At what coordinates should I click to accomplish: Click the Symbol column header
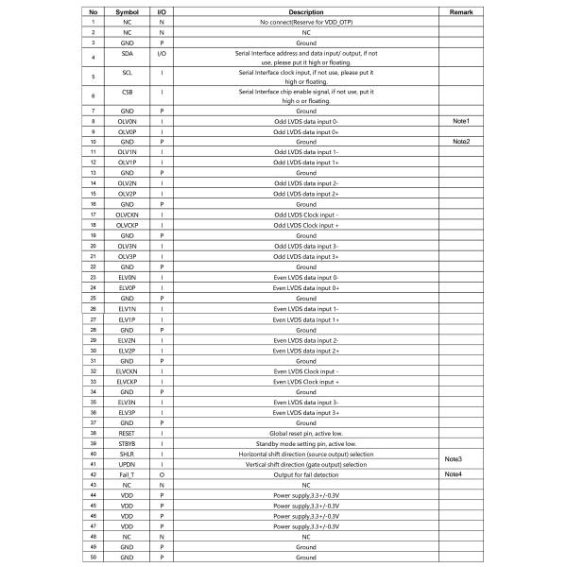(x=127, y=12)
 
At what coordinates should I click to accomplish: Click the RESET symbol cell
(x=127, y=433)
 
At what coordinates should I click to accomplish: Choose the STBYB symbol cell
(x=127, y=443)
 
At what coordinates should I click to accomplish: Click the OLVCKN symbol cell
(x=127, y=215)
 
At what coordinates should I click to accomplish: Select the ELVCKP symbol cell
(x=127, y=381)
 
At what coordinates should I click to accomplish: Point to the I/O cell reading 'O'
(x=162, y=474)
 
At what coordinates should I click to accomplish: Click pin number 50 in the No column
(x=93, y=558)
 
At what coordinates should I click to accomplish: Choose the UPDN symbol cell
(x=127, y=464)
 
